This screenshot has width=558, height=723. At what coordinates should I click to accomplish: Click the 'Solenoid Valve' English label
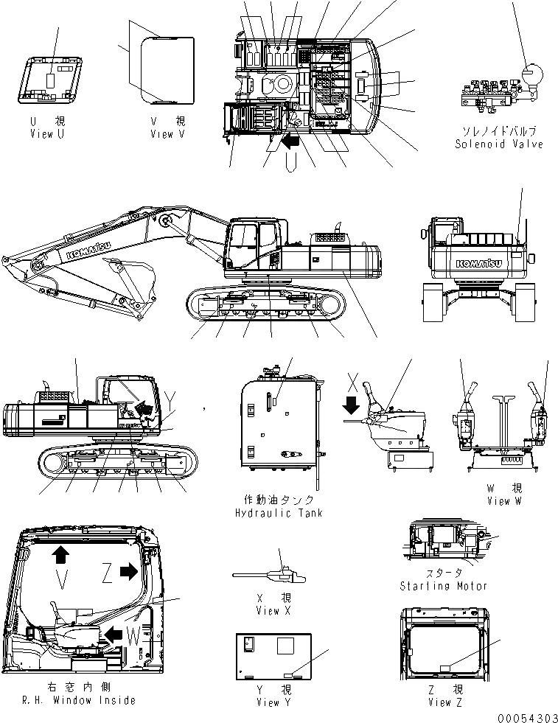[498, 144]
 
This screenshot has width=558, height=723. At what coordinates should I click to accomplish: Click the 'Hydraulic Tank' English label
[278, 512]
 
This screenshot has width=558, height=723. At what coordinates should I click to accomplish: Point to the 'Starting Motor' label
[443, 586]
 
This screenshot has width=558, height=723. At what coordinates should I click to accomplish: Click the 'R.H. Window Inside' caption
[78, 700]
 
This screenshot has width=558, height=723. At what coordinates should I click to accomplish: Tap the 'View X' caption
[268, 610]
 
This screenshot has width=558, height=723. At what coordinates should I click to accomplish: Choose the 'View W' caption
[504, 500]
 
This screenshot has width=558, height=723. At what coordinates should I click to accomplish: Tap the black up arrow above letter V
[59, 554]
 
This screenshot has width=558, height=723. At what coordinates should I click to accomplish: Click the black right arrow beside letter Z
[128, 570]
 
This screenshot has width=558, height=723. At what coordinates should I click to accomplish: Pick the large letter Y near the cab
[172, 399]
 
